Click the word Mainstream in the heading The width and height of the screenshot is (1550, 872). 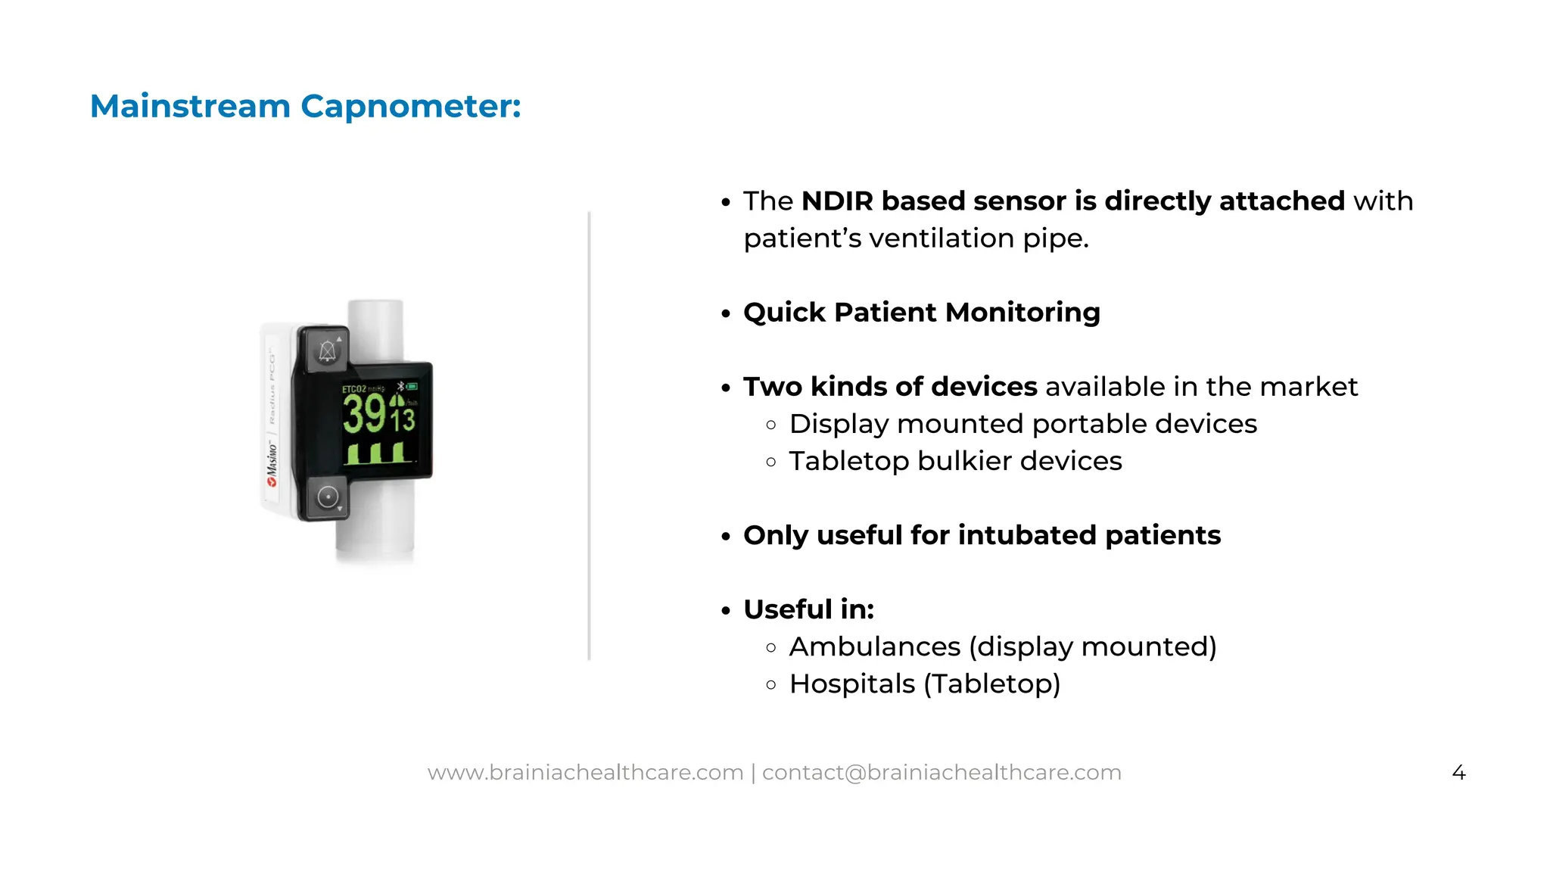(x=190, y=106)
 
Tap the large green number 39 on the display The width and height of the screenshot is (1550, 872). (x=365, y=414)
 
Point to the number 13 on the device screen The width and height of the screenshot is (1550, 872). (x=403, y=419)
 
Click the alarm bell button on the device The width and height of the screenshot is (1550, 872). (x=327, y=350)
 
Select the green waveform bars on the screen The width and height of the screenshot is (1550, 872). (x=378, y=453)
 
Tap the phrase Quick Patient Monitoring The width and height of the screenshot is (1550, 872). (x=921, y=313)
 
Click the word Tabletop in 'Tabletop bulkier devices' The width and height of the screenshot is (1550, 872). (x=848, y=461)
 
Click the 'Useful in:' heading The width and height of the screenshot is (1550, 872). (x=808, y=609)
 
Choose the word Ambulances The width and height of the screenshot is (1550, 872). (x=874, y=646)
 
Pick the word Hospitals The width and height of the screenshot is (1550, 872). (x=851, y=684)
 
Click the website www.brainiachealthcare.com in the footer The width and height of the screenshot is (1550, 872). (x=585, y=772)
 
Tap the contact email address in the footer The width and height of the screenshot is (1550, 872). (x=942, y=772)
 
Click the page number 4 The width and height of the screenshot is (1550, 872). (x=1458, y=773)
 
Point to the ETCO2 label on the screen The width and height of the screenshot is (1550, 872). (x=354, y=389)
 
